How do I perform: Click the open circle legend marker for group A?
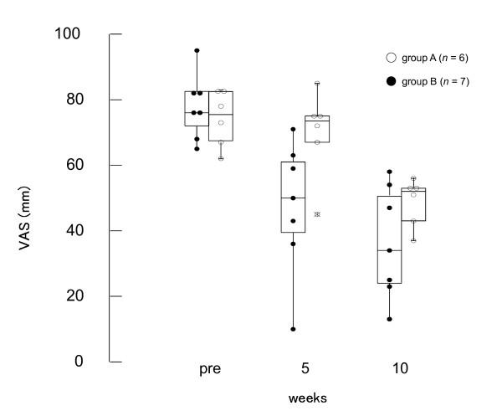coord(390,58)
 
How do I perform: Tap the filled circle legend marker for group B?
coord(390,81)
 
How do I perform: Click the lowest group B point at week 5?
coord(293,329)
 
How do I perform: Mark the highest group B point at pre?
coord(197,50)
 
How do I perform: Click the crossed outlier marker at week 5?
coord(317,214)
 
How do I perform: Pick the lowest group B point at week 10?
coord(389,319)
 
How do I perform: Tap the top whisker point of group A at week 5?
coord(317,84)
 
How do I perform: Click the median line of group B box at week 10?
coord(389,250)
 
